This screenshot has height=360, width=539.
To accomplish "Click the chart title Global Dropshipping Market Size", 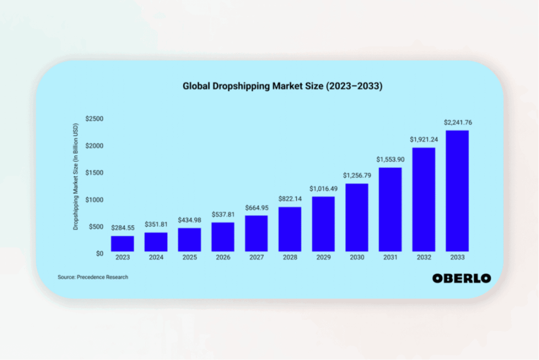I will (x=282, y=86).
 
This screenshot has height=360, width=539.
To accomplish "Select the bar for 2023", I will (x=122, y=244).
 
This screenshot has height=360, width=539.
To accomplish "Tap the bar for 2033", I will (x=457, y=191).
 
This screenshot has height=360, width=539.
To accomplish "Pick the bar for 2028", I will (x=290, y=229).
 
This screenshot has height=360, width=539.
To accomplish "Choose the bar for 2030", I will (x=356, y=217).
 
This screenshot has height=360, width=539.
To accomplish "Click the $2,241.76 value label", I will (x=457, y=123).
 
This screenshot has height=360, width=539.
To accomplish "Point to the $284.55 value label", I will (x=122, y=228).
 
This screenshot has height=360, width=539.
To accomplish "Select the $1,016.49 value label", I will (x=323, y=188).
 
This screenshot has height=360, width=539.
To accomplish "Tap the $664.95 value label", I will (x=256, y=208).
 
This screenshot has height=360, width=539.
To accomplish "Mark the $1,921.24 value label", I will (x=423, y=140).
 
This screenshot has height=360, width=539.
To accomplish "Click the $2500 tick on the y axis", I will (x=95, y=118).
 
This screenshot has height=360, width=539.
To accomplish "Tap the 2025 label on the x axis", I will (x=189, y=258).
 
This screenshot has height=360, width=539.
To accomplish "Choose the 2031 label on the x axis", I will (x=390, y=258).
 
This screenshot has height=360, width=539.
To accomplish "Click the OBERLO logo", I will (x=462, y=278).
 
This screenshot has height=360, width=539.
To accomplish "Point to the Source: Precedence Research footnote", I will (x=93, y=277).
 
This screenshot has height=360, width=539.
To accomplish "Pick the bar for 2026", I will (x=223, y=237).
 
